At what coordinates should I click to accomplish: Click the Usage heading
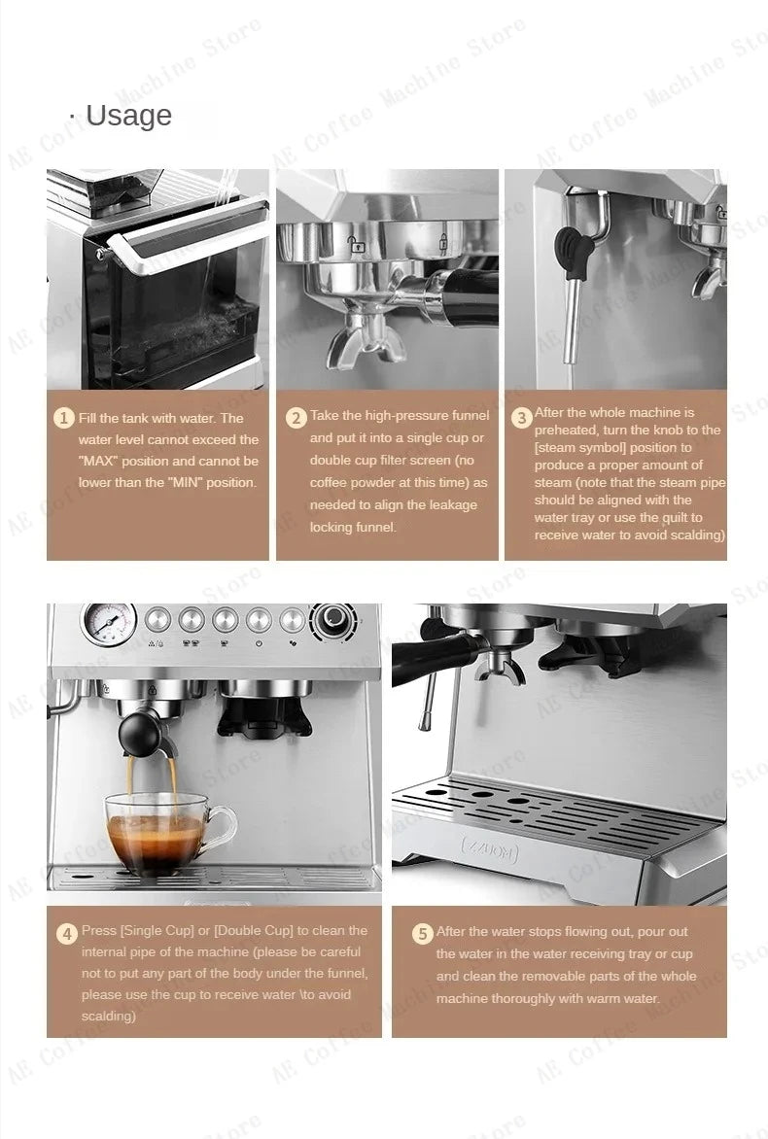point(127,116)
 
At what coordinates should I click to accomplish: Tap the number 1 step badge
point(63,418)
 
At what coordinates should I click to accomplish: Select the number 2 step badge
point(297,418)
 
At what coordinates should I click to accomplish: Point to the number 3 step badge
point(522,418)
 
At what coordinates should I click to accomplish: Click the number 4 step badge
point(66,934)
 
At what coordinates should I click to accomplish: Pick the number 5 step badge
point(422,934)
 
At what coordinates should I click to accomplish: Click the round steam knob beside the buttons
point(334,618)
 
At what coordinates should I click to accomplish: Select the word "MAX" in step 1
point(101,462)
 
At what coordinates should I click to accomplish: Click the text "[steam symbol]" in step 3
point(579,448)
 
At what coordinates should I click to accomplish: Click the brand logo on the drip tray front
point(490,850)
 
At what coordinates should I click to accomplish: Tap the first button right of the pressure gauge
point(158,619)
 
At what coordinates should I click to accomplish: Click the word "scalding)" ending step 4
point(109,1017)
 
